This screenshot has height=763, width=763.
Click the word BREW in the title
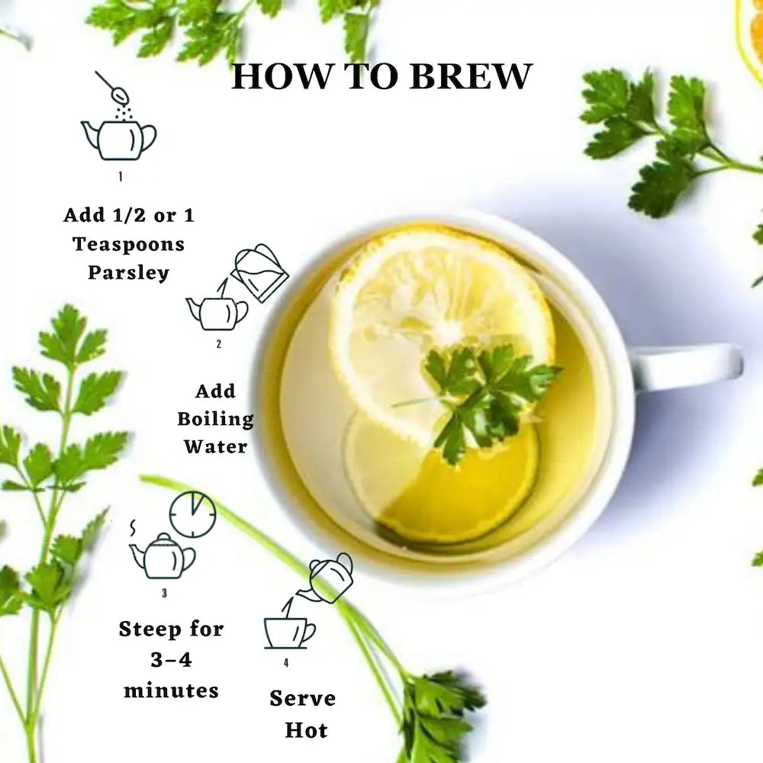tap(471, 76)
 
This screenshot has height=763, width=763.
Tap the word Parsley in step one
tap(128, 272)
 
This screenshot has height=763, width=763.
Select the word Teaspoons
tap(128, 244)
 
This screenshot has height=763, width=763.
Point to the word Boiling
tap(215, 418)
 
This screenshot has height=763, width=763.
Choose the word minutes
tap(171, 691)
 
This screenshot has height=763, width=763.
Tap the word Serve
tap(303, 698)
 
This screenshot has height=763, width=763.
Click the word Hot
tap(306, 730)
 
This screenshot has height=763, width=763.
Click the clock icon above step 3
tap(193, 514)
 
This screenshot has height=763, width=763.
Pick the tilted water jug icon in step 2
tap(259, 272)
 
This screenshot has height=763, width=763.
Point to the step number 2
tap(218, 344)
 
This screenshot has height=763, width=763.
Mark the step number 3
tap(164, 593)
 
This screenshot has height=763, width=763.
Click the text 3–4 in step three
tap(171, 660)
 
